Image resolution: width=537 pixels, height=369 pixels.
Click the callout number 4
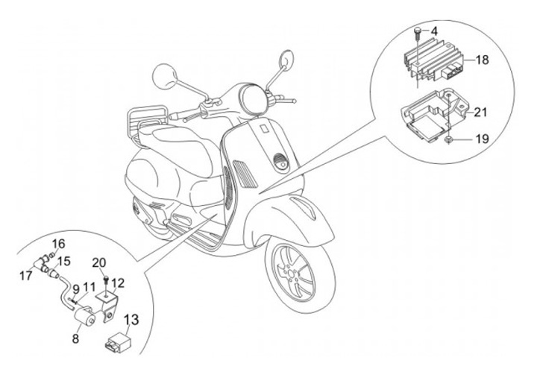[x=435, y=31]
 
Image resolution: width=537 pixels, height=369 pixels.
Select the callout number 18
[x=483, y=60]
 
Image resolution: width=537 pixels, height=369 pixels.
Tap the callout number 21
[x=481, y=113]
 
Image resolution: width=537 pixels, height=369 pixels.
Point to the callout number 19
[x=482, y=139]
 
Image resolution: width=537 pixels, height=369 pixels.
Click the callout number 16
[x=59, y=245]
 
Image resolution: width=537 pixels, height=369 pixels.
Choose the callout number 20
[x=98, y=262]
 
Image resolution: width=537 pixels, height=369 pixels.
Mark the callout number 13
[x=131, y=321]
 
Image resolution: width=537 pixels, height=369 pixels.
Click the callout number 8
[x=75, y=338]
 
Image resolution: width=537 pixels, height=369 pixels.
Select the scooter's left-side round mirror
[x=163, y=76]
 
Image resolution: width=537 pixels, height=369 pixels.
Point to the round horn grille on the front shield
[x=281, y=160]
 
